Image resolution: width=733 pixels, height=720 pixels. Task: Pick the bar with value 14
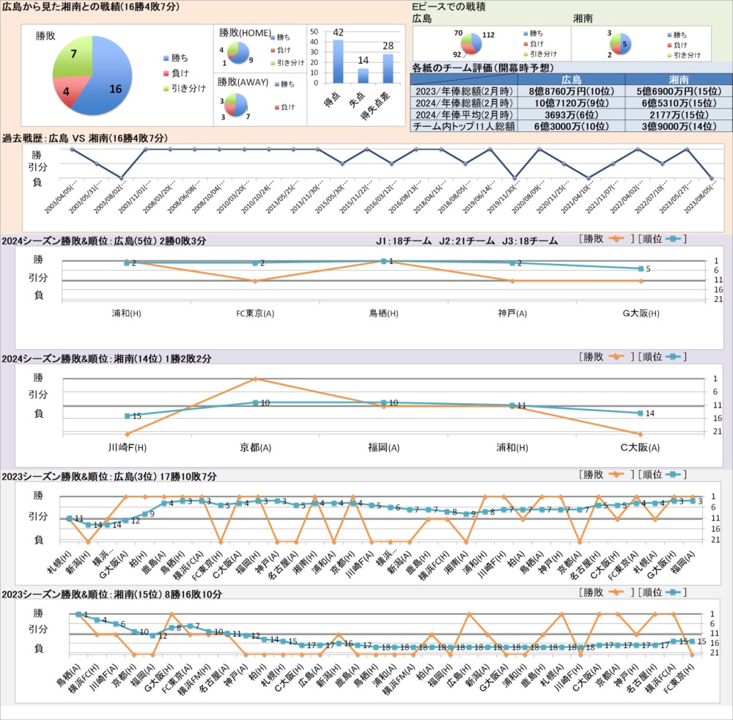363,75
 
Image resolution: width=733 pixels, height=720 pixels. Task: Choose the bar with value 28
388,68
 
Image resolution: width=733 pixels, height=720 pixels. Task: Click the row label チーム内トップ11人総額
464,126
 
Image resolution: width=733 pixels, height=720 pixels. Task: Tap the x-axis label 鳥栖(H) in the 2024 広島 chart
383,314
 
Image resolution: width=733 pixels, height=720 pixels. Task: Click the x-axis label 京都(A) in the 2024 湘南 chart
255,447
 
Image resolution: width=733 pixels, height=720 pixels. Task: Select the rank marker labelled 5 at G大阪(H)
641,268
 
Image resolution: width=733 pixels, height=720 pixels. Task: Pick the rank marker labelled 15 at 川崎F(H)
127,416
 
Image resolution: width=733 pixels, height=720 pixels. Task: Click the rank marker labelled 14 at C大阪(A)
641,414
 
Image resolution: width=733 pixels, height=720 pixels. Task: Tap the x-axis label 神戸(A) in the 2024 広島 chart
512,314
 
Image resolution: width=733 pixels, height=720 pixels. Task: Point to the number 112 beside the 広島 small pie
489,34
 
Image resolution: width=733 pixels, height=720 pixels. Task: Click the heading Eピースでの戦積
453,7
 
